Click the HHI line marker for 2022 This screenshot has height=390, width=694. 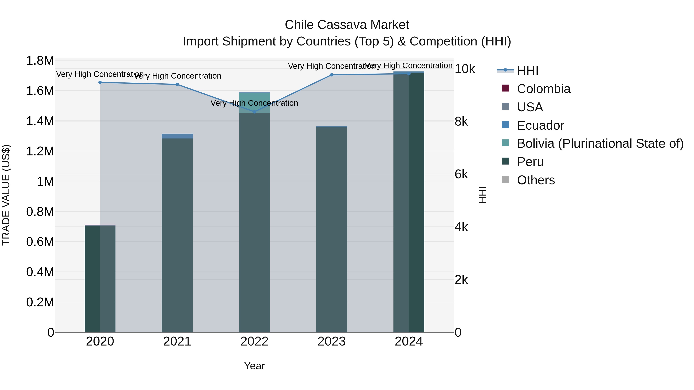click(254, 112)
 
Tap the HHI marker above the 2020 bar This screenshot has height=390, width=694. click(100, 82)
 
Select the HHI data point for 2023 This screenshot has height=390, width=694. click(331, 75)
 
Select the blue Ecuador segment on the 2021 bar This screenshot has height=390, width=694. click(177, 136)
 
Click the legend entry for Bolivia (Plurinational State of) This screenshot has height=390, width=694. click(600, 143)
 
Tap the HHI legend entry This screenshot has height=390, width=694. click(527, 70)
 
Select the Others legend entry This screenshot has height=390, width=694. click(536, 180)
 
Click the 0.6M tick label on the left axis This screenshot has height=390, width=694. click(40, 242)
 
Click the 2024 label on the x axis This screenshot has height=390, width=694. click(408, 341)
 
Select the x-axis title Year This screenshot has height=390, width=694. click(254, 366)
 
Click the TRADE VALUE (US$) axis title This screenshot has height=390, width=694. click(6, 195)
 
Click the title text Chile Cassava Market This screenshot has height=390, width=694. click(347, 25)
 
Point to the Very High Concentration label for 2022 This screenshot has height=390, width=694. click(254, 103)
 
